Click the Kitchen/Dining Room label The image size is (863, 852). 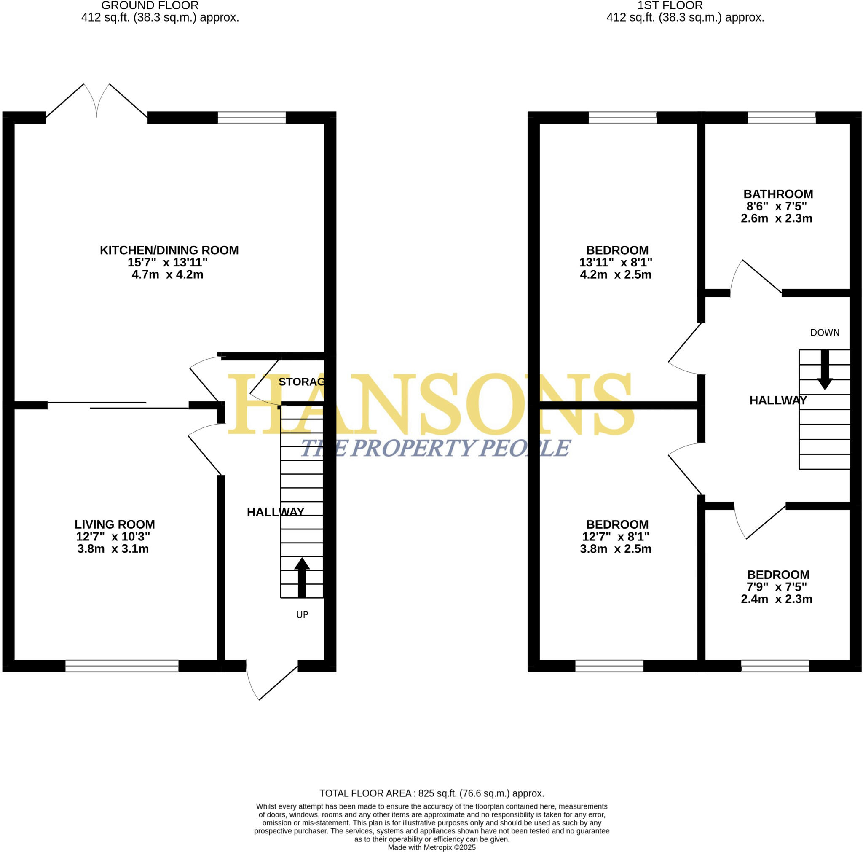click(169, 250)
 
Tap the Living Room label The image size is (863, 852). click(114, 524)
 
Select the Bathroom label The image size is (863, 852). click(778, 194)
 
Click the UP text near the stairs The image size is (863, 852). click(302, 615)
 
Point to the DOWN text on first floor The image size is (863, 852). click(825, 332)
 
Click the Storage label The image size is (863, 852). click(302, 382)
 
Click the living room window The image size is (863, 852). click(122, 666)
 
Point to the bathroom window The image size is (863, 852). click(781, 118)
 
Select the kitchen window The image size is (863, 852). click(252, 118)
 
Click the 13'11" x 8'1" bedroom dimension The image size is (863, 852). click(616, 263)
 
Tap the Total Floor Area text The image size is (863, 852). click(431, 793)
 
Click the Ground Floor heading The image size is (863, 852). click(150, 6)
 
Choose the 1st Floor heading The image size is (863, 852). click(670, 6)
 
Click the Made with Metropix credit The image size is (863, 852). click(431, 847)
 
